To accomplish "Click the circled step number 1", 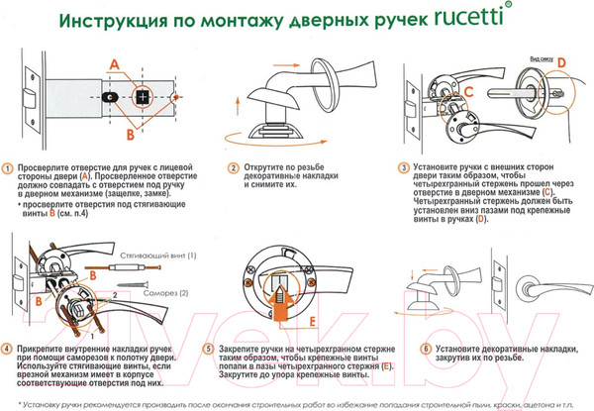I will (9, 169).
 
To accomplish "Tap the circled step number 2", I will (234, 169).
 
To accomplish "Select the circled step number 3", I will (404, 169).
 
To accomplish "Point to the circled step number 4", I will (9, 349).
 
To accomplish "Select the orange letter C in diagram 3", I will (470, 92).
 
